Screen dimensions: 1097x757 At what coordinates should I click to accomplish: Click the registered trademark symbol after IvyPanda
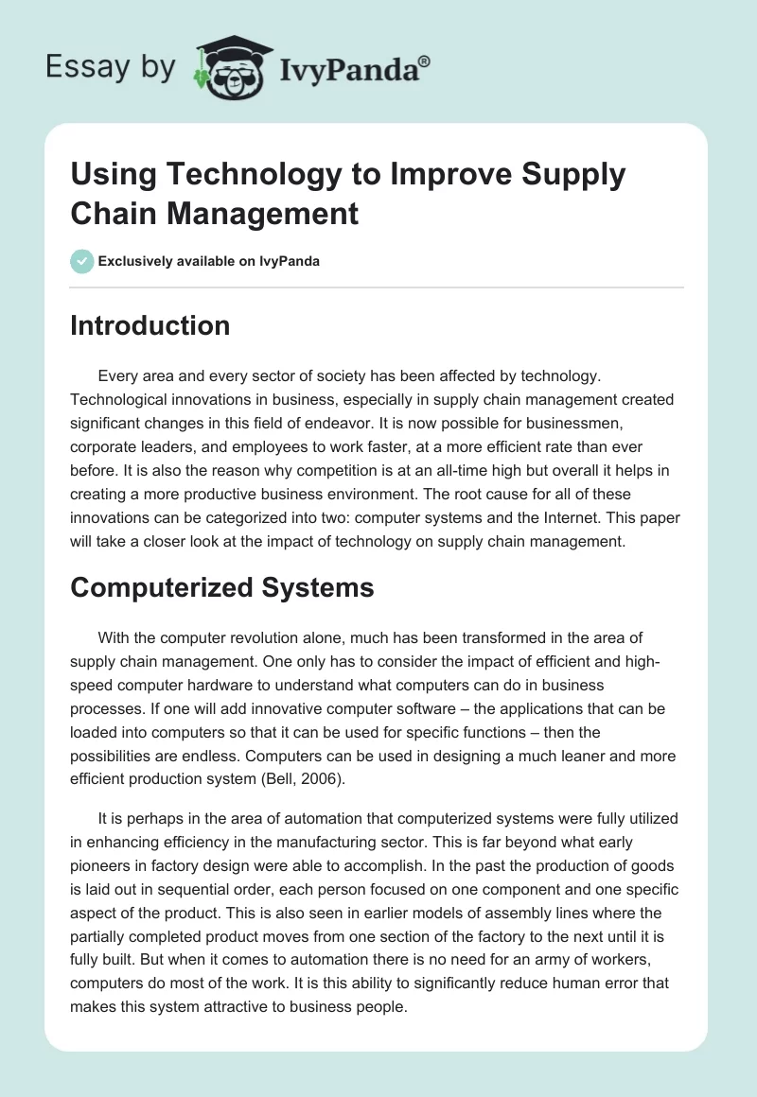425,60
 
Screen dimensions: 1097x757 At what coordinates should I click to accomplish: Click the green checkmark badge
82,261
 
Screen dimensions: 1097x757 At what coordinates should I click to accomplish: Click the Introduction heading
150,325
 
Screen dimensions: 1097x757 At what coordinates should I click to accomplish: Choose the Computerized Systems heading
222,587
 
